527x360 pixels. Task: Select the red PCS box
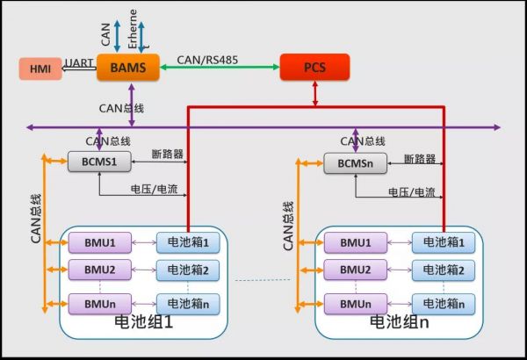point(314,67)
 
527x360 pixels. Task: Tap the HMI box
point(40,68)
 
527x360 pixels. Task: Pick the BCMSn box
point(349,162)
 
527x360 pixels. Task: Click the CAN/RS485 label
point(209,60)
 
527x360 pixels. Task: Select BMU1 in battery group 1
point(94,241)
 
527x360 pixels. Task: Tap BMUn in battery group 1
point(94,304)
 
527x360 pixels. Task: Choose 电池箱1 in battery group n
point(443,241)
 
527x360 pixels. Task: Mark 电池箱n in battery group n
point(443,304)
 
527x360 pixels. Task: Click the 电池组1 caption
point(146,322)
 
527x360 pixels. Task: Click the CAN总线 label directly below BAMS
point(122,108)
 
